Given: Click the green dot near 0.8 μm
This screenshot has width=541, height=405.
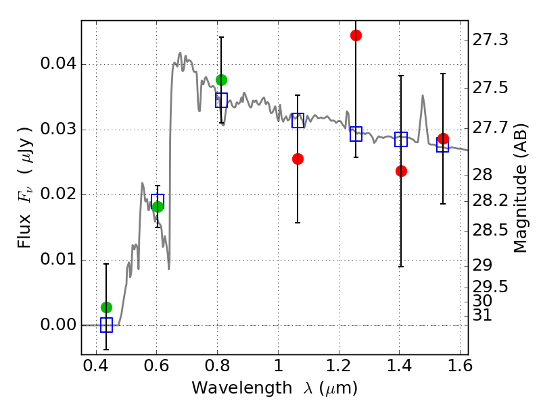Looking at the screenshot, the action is coord(222,80).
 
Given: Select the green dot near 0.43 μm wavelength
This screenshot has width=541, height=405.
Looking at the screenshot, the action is coord(107,307).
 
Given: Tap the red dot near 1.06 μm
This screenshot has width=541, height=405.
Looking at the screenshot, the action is coord(298,159).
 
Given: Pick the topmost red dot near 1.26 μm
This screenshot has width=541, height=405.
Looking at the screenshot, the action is coord(356,35).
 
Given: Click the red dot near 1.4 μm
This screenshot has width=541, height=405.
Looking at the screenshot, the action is coord(401,171).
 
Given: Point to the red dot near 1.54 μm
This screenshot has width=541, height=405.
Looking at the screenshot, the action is coord(444,139).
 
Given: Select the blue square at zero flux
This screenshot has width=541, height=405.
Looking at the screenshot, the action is coord(107,325).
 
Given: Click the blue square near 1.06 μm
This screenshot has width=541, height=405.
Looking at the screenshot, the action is coord(298,120).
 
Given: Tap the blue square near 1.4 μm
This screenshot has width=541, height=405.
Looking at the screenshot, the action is coord(401,139).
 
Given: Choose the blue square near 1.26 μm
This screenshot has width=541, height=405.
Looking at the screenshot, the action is coord(356,134).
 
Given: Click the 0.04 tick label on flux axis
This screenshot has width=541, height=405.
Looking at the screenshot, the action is coord(58,63).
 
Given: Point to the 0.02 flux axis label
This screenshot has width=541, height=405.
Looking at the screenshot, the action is coord(58,194).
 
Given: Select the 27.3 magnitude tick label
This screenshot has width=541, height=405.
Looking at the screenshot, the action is coord(490,40).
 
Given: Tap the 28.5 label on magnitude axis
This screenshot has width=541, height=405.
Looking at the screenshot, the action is coord(490,230).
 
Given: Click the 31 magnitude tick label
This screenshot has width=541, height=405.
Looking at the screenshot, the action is coord(482,315).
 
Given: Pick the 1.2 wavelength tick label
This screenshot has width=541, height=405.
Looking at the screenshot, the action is coord(339,366).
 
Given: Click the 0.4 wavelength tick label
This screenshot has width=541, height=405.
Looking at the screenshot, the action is coord(96,366).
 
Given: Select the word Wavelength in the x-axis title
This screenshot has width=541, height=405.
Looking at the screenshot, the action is coord(242,388).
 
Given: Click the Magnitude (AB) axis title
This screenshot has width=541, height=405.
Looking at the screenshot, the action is coord(521,188).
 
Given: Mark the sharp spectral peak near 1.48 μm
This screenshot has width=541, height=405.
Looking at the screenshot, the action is coord(423,96).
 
